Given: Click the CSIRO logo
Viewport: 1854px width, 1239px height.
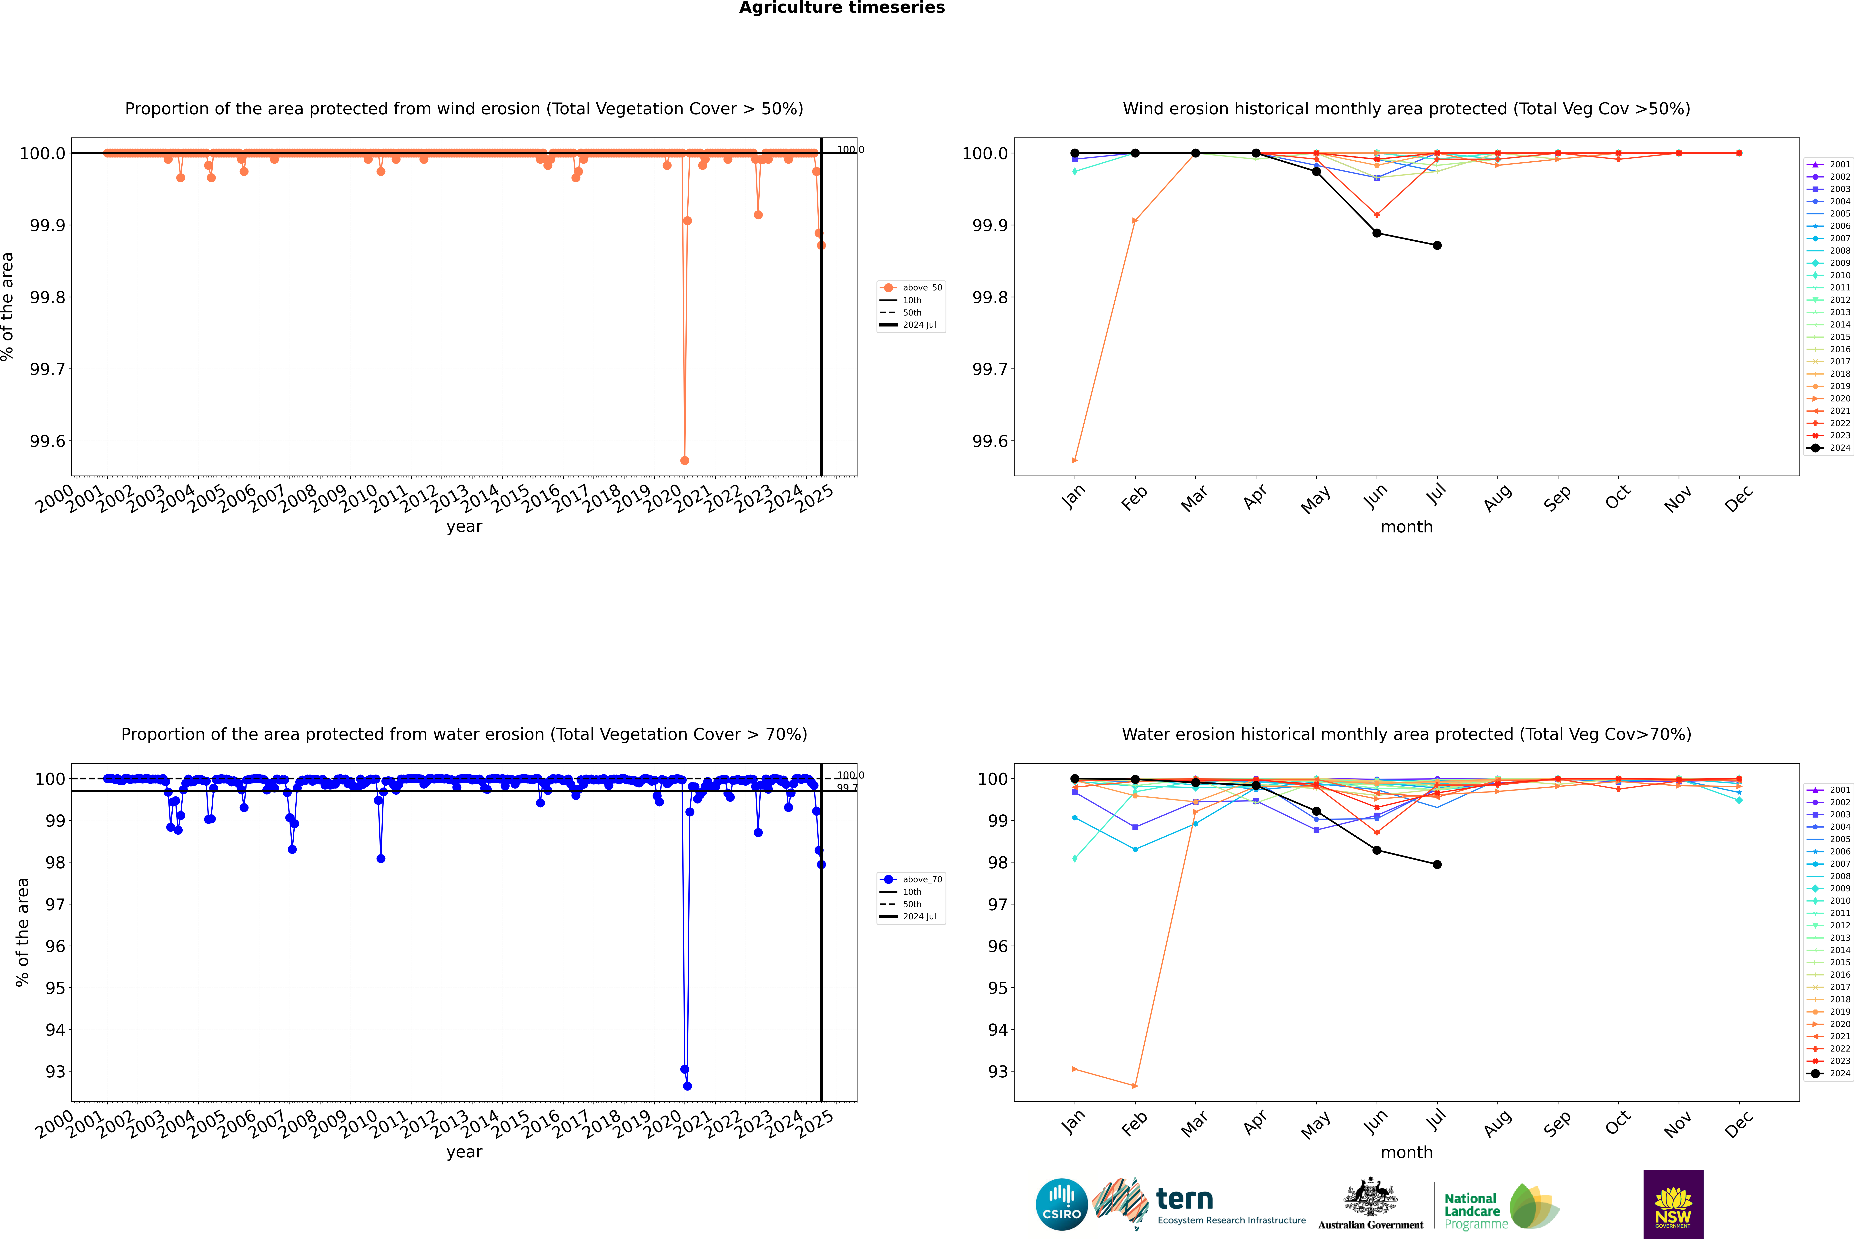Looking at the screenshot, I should click(1061, 1204).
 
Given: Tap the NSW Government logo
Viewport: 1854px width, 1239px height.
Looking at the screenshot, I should click(1673, 1204).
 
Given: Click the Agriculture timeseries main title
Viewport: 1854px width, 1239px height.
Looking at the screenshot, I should click(842, 8).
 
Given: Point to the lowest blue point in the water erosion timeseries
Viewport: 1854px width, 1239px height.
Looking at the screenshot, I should click(687, 1086).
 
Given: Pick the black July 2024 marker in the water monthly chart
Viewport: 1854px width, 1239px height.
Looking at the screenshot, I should click(1437, 864).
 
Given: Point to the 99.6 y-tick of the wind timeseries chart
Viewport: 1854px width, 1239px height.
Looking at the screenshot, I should click(47, 441).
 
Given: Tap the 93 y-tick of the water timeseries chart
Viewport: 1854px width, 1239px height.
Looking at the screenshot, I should click(55, 1072).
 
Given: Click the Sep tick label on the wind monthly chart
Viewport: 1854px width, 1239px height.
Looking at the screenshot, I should click(1557, 499).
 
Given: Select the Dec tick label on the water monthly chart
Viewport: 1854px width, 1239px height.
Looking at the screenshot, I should click(1739, 1124).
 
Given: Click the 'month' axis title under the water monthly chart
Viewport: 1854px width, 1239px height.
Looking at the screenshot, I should click(1406, 1152).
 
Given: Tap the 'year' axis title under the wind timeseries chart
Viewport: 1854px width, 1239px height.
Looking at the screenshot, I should click(464, 526).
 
